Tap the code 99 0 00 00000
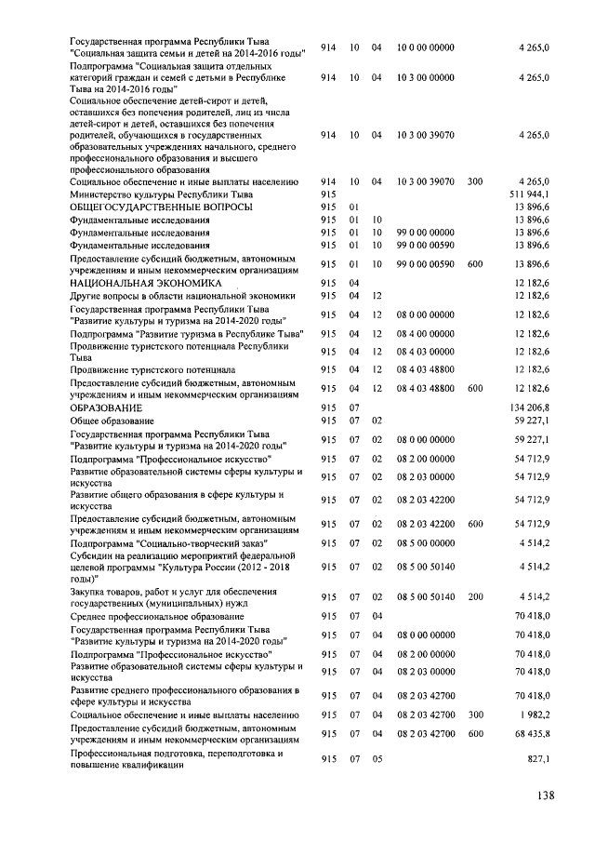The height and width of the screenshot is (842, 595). coord(426,232)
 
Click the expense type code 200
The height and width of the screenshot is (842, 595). coord(474,595)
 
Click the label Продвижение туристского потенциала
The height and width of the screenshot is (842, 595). coord(152,369)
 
